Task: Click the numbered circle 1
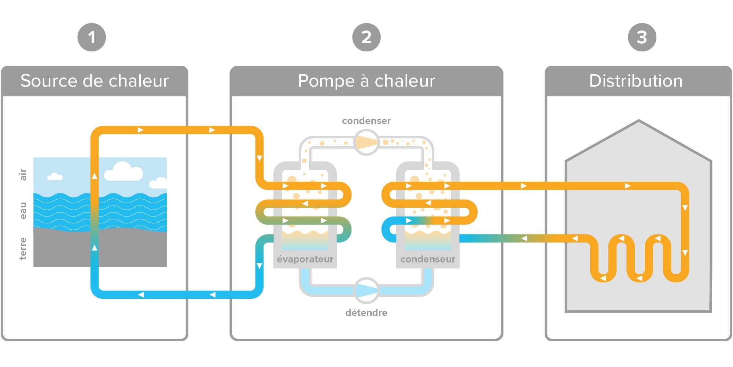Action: pyautogui.click(x=92, y=37)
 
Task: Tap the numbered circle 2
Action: pyautogui.click(x=366, y=37)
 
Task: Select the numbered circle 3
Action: pyautogui.click(x=642, y=37)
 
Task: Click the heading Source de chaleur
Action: pyautogui.click(x=95, y=81)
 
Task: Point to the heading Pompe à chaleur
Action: pyautogui.click(x=366, y=81)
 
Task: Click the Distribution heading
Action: pyautogui.click(x=636, y=81)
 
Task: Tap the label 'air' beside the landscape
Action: pyautogui.click(x=23, y=175)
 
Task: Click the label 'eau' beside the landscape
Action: pyautogui.click(x=23, y=211)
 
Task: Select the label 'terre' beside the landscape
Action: pyautogui.click(x=23, y=248)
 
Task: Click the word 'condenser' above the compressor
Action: pyautogui.click(x=366, y=121)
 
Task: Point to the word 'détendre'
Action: pyautogui.click(x=366, y=313)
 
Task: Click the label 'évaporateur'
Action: pyautogui.click(x=305, y=259)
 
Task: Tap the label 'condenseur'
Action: pyautogui.click(x=428, y=259)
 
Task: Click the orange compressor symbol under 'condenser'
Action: pyautogui.click(x=366, y=143)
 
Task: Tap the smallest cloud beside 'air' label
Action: pyautogui.click(x=55, y=177)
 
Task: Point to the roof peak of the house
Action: pyautogui.click(x=639, y=121)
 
